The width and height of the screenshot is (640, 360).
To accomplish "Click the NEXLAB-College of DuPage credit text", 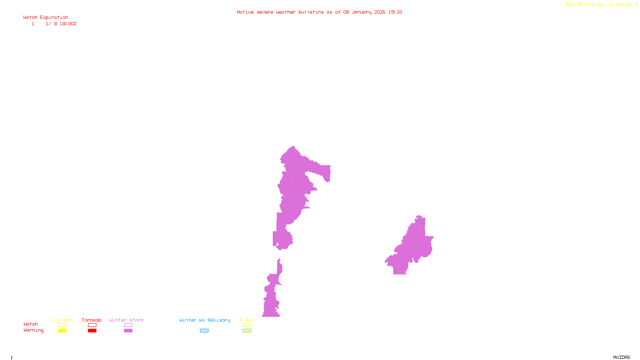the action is coord(600,5).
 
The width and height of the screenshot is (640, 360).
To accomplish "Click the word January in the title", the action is coord(362,12).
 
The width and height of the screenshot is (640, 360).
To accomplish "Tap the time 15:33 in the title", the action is coord(395,12).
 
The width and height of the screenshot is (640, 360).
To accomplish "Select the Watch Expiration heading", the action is coord(46,18).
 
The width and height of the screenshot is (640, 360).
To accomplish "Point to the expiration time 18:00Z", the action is coord(68,24).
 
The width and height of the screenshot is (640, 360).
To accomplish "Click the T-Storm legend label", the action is coord(62,320).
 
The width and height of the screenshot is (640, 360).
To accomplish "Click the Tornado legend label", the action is coord(92,320).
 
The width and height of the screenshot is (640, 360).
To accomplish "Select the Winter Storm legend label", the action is coord(126,320).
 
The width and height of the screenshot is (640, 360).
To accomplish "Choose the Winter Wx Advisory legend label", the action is coord(205,320).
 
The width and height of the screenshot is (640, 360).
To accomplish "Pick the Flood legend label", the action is coord(247,320).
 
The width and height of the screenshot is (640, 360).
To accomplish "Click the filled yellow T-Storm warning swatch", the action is coord(62,331).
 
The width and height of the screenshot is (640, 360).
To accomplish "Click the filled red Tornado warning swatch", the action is coord(92,331).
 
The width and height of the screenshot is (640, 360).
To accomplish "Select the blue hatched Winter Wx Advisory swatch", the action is coord(204,331).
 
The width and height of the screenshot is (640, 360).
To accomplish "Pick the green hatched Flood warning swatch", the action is coord(247,331).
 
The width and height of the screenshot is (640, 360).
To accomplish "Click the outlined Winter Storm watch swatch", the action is coord(128,325).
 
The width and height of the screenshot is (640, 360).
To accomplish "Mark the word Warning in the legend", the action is coord(33,330).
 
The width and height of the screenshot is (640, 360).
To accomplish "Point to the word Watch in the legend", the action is coord(30,324).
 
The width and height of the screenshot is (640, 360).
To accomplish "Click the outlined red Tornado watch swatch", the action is coord(92,325).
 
